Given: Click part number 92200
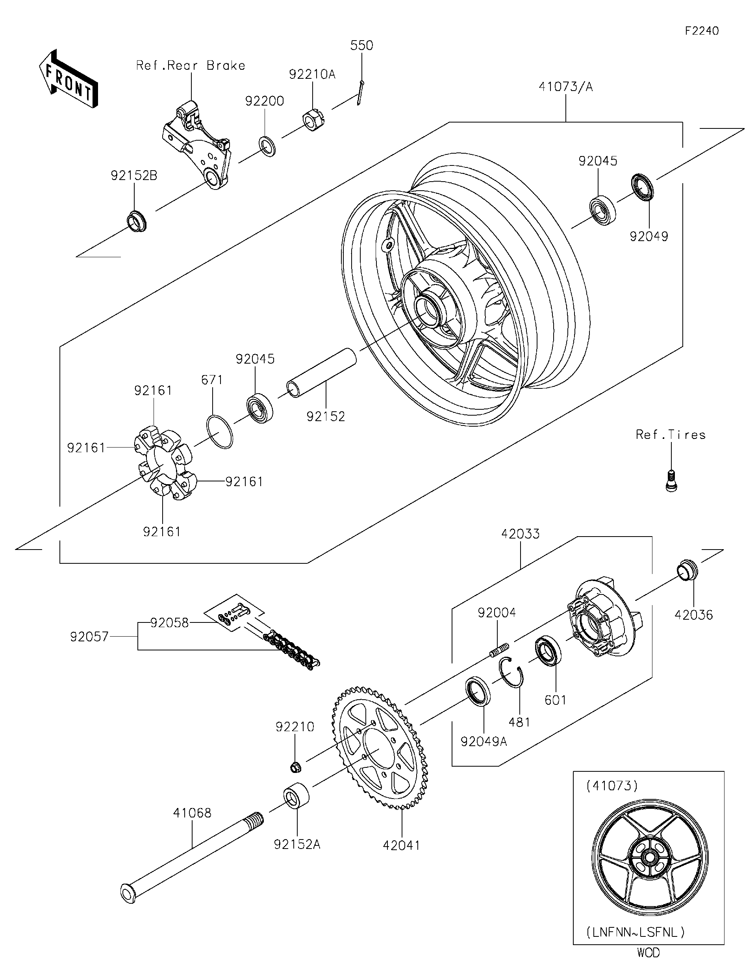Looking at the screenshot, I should tap(264, 101).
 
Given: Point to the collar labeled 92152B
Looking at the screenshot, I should tap(136, 221).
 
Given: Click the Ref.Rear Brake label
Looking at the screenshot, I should tap(191, 66).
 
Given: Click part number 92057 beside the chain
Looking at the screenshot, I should tap(89, 637).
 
